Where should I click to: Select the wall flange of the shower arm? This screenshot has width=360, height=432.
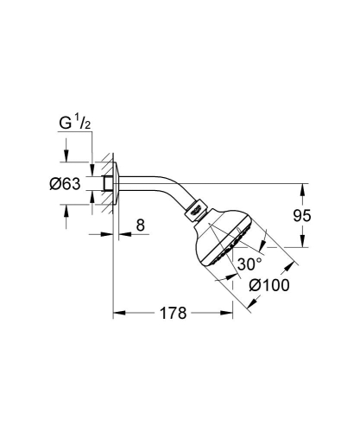[x=116, y=182]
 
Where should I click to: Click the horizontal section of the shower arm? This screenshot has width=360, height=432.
[x=147, y=182]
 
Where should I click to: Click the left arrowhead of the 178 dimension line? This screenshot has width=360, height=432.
[x=117, y=313]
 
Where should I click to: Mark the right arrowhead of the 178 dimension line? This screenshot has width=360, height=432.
[x=231, y=313]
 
